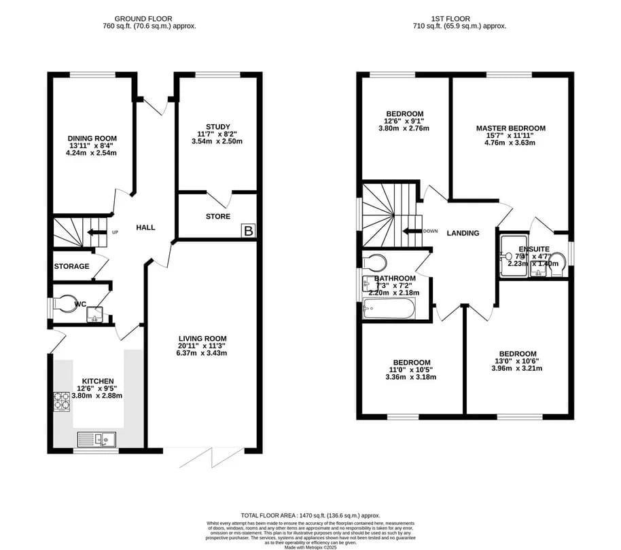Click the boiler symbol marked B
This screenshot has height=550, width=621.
(x=249, y=232)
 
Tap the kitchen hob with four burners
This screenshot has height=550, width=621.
(x=61, y=401)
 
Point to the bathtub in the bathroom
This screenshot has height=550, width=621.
(x=389, y=310)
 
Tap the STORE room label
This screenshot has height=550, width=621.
(x=218, y=217)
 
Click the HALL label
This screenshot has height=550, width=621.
(x=145, y=227)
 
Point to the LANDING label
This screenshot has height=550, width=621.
(x=463, y=233)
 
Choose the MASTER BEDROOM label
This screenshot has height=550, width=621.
(x=510, y=128)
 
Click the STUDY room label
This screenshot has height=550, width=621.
(x=218, y=126)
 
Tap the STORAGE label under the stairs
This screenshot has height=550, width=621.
(x=71, y=266)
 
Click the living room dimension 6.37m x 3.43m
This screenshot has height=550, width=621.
(x=202, y=353)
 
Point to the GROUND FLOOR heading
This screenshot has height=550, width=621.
(x=143, y=18)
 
